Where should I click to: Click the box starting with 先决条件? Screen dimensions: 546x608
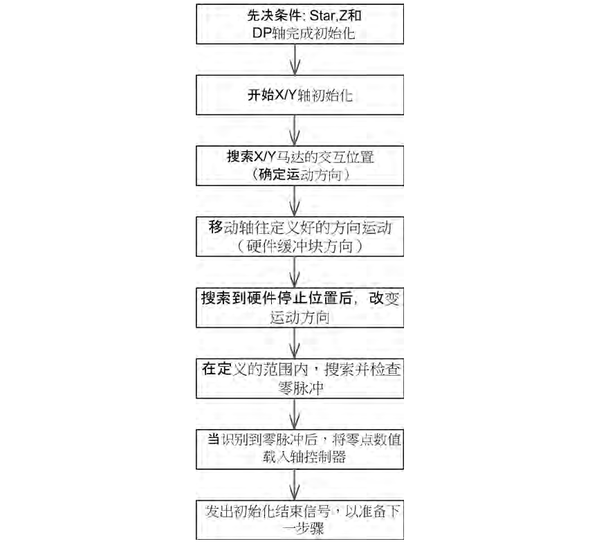point(298,24)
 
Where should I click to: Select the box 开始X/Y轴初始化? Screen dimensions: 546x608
point(298,95)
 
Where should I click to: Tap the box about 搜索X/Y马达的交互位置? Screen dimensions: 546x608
point(298,165)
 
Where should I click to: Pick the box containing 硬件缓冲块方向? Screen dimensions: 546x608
point(298,236)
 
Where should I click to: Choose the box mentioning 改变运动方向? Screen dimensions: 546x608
point(298,307)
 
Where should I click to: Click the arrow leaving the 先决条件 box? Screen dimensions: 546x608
point(297,60)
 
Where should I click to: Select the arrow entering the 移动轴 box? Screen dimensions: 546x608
point(297,201)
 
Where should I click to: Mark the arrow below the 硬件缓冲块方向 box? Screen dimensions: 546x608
point(297,272)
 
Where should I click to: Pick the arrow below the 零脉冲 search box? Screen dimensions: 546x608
point(297,415)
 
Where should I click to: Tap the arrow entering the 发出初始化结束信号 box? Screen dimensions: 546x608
point(297,485)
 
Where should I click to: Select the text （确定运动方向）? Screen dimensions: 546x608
point(297,175)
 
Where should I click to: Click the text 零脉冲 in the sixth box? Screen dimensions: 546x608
point(297,389)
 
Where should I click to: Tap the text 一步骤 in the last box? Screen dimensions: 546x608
point(297,529)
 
